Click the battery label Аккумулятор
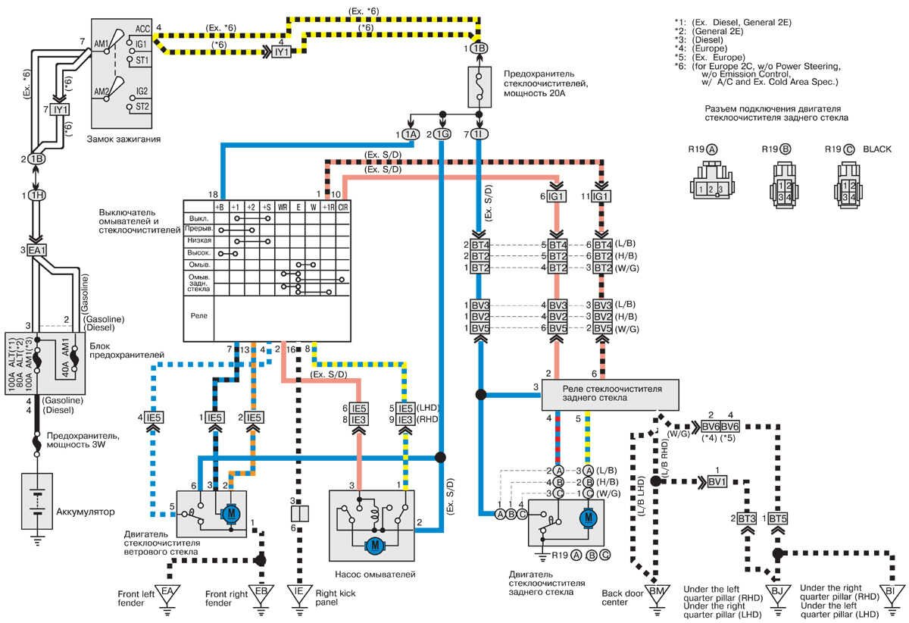(86, 512)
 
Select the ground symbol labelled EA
(167, 592)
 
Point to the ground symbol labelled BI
(891, 592)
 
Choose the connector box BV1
(716, 481)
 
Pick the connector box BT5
(778, 518)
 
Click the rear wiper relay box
(612, 394)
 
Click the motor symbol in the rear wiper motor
(586, 519)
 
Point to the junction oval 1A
(410, 134)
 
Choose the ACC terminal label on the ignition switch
(142, 29)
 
